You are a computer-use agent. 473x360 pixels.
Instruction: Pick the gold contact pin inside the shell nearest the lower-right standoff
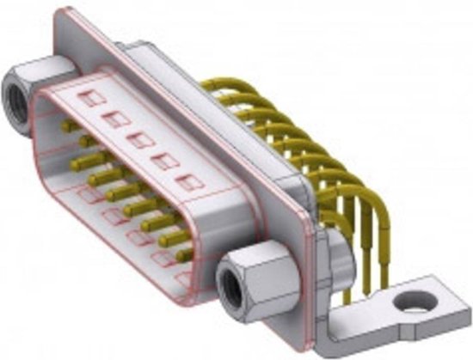(x=182, y=254)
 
